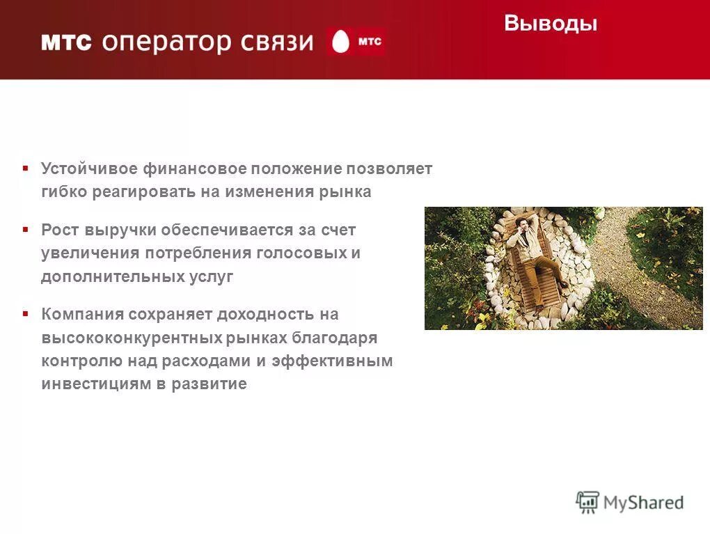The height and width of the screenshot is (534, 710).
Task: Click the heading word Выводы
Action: click(x=551, y=24)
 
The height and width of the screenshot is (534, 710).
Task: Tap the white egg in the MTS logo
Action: click(x=340, y=42)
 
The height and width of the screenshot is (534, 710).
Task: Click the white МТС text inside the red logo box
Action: click(x=369, y=42)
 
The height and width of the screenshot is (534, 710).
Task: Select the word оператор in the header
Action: click(x=166, y=42)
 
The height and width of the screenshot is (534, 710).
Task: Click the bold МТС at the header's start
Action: click(x=66, y=42)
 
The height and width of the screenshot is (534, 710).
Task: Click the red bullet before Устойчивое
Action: click(x=25, y=168)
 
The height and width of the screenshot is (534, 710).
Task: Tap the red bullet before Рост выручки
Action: click(x=25, y=229)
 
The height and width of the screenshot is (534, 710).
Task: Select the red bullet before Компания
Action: click(x=25, y=314)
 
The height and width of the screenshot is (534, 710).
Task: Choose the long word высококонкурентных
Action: click(x=131, y=338)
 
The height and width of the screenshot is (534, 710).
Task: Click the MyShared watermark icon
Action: click(x=587, y=502)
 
